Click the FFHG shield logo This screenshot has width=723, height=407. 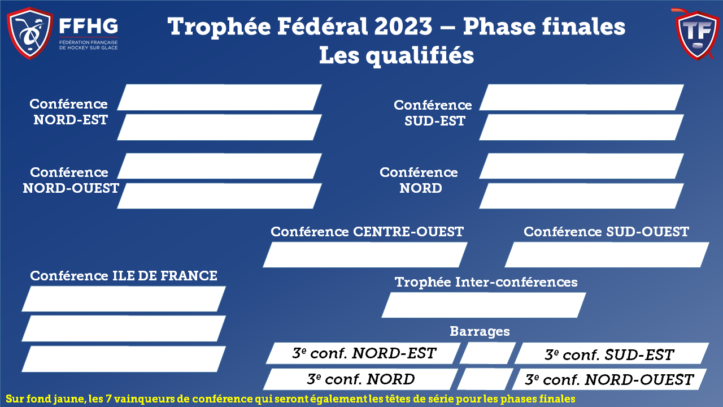(x=30, y=33)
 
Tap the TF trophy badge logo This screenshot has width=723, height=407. (x=697, y=34)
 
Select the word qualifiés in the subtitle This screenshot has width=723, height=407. (x=420, y=56)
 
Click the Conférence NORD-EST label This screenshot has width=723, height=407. (x=69, y=112)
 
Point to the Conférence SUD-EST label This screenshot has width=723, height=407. (x=433, y=112)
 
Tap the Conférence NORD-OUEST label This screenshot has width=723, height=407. (x=71, y=180)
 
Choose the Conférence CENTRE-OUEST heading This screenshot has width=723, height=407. (x=367, y=232)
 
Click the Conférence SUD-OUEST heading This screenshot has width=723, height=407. (x=606, y=232)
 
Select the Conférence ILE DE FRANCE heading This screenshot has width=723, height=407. (x=124, y=276)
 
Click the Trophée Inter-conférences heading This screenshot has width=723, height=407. (x=486, y=282)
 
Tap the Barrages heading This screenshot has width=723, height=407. (x=480, y=332)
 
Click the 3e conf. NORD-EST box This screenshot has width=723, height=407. (x=363, y=353)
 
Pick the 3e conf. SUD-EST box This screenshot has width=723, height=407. (x=611, y=353)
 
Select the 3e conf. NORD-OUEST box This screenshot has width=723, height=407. (x=609, y=379)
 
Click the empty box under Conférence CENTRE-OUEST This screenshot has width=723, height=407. (x=365, y=255)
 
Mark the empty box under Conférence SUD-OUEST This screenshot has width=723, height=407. (x=607, y=255)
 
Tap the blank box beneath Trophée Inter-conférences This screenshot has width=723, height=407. (x=484, y=305)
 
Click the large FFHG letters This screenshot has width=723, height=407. (x=89, y=26)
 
